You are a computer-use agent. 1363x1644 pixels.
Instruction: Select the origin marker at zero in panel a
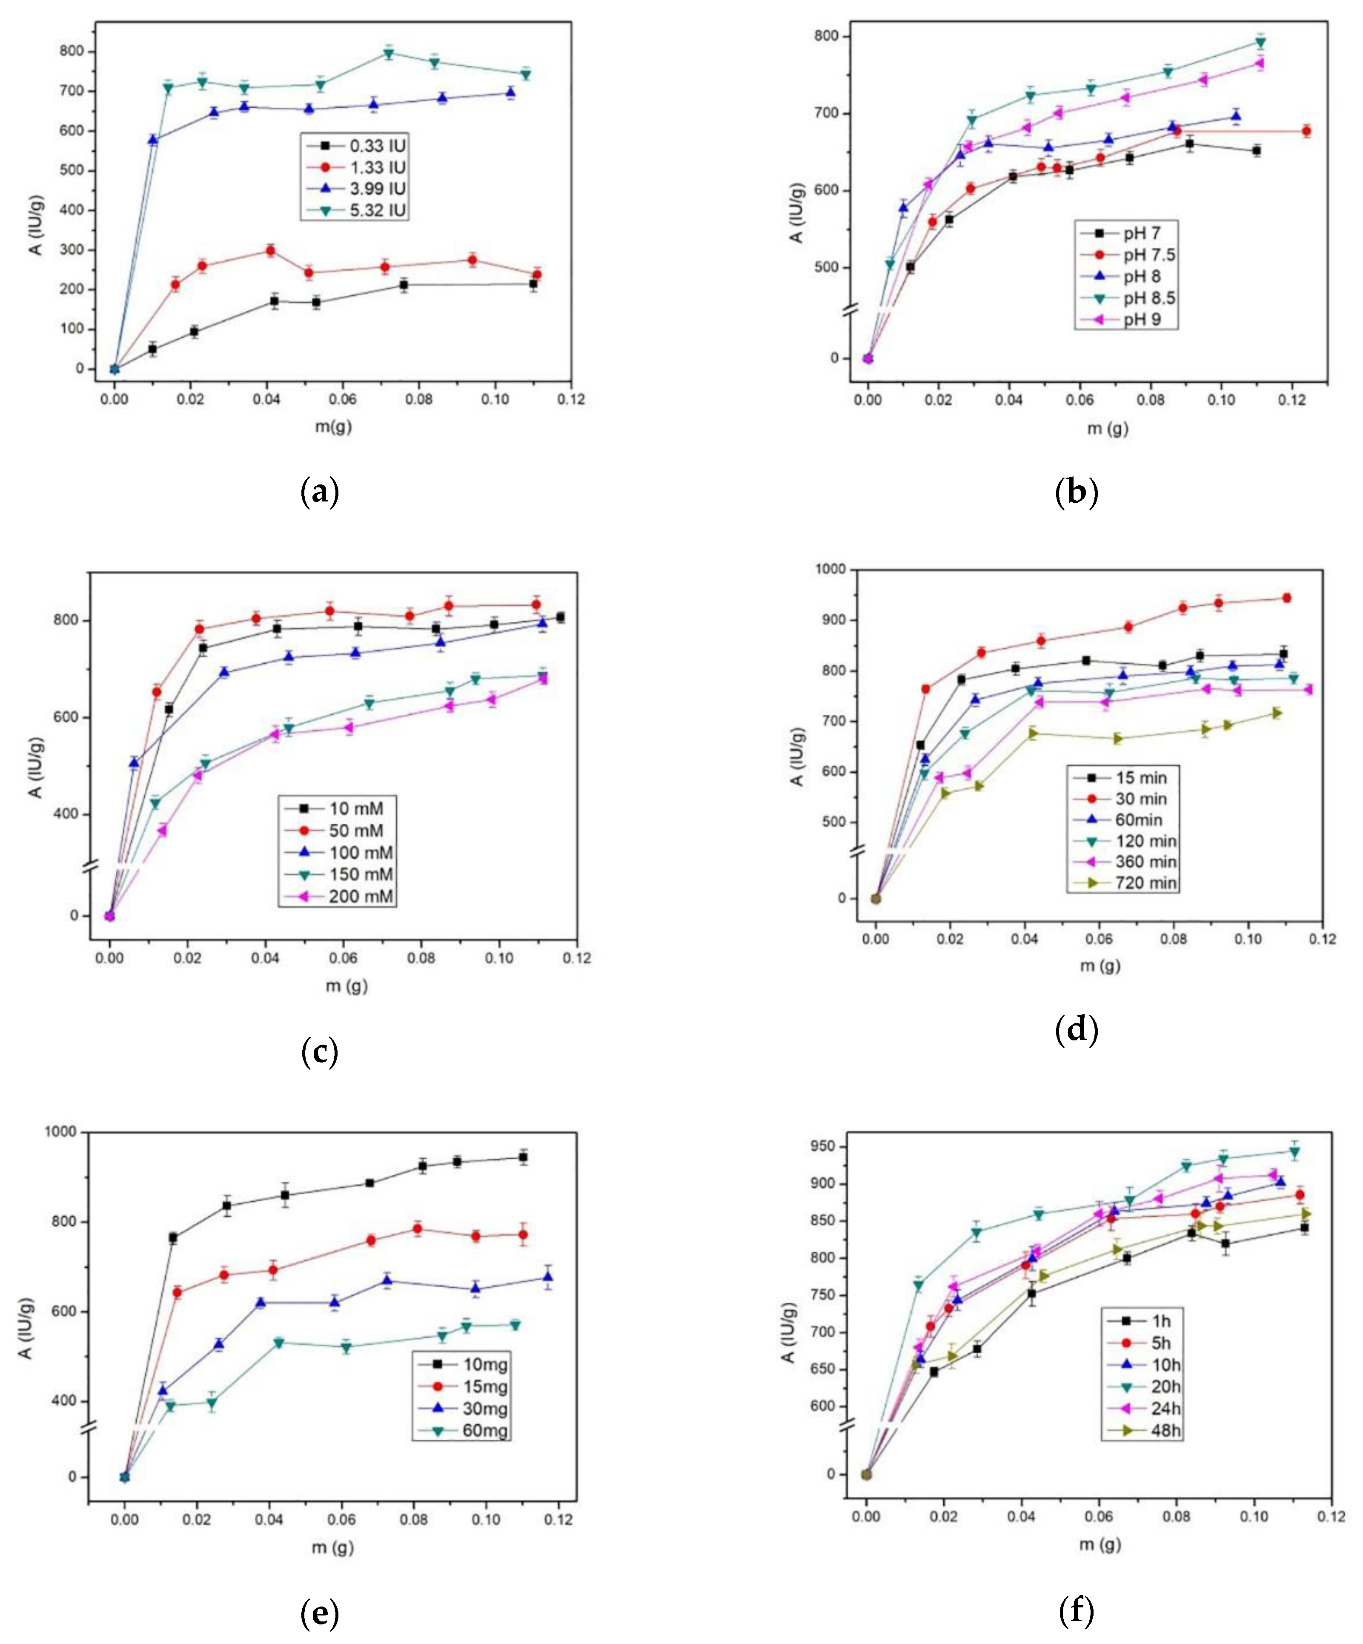115,369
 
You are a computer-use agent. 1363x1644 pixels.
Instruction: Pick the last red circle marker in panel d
1286,598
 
